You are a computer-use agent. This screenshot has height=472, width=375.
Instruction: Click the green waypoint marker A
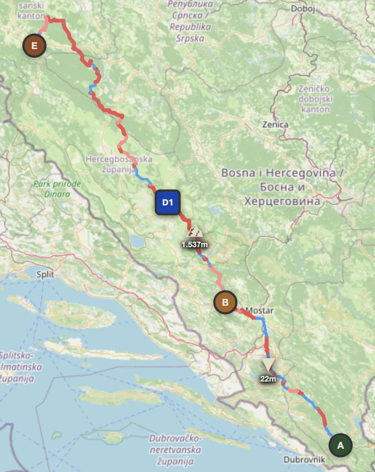click(x=341, y=445)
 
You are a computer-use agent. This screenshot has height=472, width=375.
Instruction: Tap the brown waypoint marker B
click(x=225, y=302)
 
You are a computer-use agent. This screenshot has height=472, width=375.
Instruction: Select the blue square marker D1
click(x=168, y=202)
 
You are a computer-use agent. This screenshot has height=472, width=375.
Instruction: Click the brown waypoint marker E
click(x=34, y=45)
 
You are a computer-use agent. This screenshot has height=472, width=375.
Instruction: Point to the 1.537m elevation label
click(x=195, y=245)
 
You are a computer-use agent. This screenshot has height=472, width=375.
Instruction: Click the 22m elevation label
click(x=268, y=379)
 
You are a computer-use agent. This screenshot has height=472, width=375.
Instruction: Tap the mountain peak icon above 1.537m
click(x=195, y=232)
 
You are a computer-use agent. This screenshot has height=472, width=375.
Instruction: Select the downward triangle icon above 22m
click(x=268, y=364)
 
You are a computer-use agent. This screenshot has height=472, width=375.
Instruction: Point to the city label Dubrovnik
click(x=304, y=460)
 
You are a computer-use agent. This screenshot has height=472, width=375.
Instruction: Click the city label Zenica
click(x=276, y=125)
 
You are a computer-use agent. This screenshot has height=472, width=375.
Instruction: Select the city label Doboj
click(x=303, y=9)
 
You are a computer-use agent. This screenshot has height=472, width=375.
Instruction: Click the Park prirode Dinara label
click(x=57, y=189)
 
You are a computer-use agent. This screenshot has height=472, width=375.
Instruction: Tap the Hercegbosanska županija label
click(x=119, y=164)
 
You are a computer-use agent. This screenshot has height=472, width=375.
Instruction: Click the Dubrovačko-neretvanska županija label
click(x=175, y=450)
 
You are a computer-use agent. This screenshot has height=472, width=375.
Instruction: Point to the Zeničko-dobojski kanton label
click(x=315, y=99)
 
